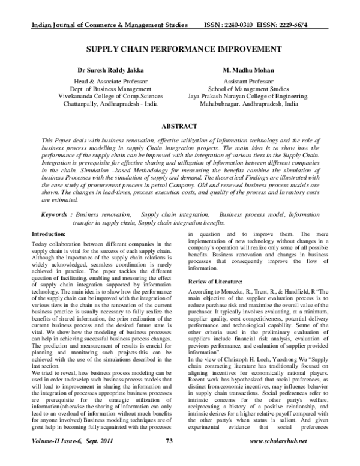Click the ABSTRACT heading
coord(179,127)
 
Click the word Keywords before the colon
coord(55,214)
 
